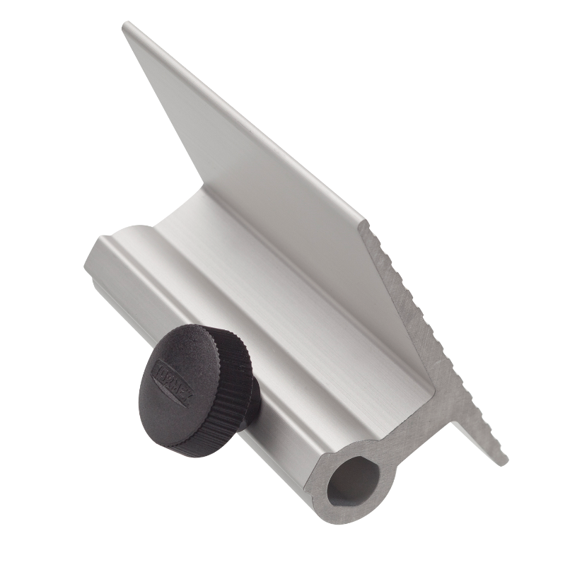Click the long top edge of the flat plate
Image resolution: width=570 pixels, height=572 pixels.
[x=240, y=117]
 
